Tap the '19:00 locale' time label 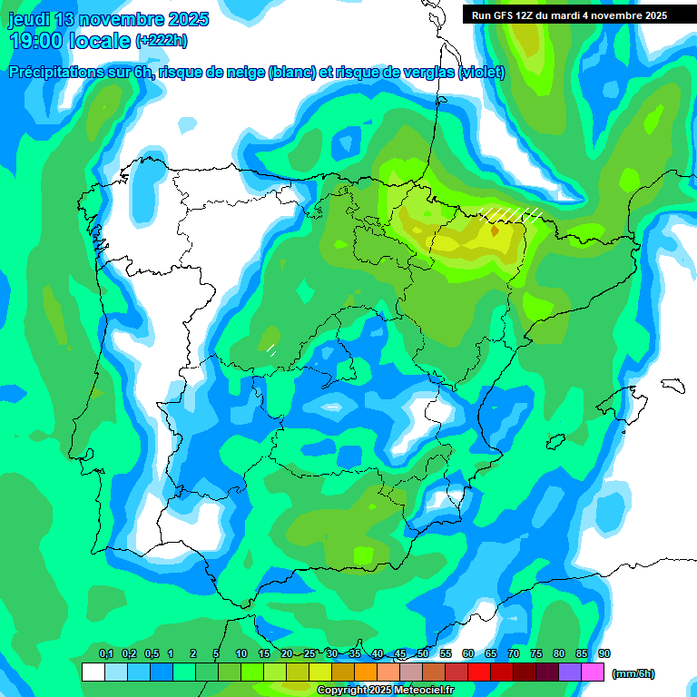point(69,40)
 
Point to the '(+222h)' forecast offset point(161,41)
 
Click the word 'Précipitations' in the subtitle point(56,73)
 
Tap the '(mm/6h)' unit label point(633,673)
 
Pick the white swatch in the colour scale point(93,672)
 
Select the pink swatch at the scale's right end point(594,672)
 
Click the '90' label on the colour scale point(604,654)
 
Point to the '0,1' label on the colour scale point(106,654)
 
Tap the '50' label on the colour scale point(423,654)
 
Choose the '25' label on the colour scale point(309,654)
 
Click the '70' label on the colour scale point(514,654)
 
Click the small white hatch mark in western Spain point(270,348)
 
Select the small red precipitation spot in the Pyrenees point(494,231)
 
